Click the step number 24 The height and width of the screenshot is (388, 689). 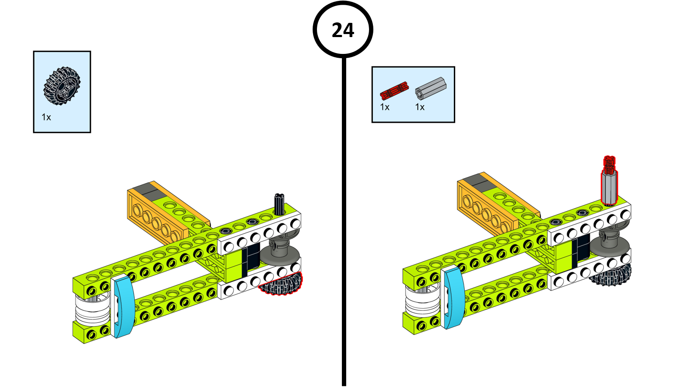tap(343, 30)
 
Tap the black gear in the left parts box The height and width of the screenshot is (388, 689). tap(62, 86)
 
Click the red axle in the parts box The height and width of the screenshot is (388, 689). tap(394, 91)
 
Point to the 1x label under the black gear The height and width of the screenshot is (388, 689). tap(46, 117)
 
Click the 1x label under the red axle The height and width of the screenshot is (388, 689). tap(385, 107)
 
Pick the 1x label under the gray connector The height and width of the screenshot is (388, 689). tap(420, 107)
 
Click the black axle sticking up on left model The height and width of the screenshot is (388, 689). tap(279, 203)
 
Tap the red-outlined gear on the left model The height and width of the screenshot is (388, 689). tap(282, 285)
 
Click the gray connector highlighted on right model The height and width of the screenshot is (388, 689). tap(609, 188)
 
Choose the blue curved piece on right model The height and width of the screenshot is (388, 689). tap(454, 297)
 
